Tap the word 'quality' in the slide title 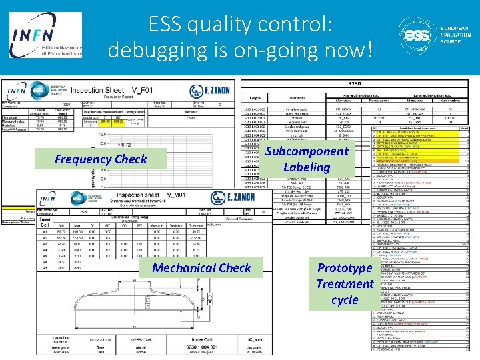point(225,25)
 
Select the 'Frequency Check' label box point(101,159)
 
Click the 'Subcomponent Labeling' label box point(306,159)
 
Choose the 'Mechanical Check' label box point(201,267)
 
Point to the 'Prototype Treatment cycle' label point(344,283)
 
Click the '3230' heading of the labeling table point(355,84)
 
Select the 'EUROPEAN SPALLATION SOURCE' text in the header point(455,35)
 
